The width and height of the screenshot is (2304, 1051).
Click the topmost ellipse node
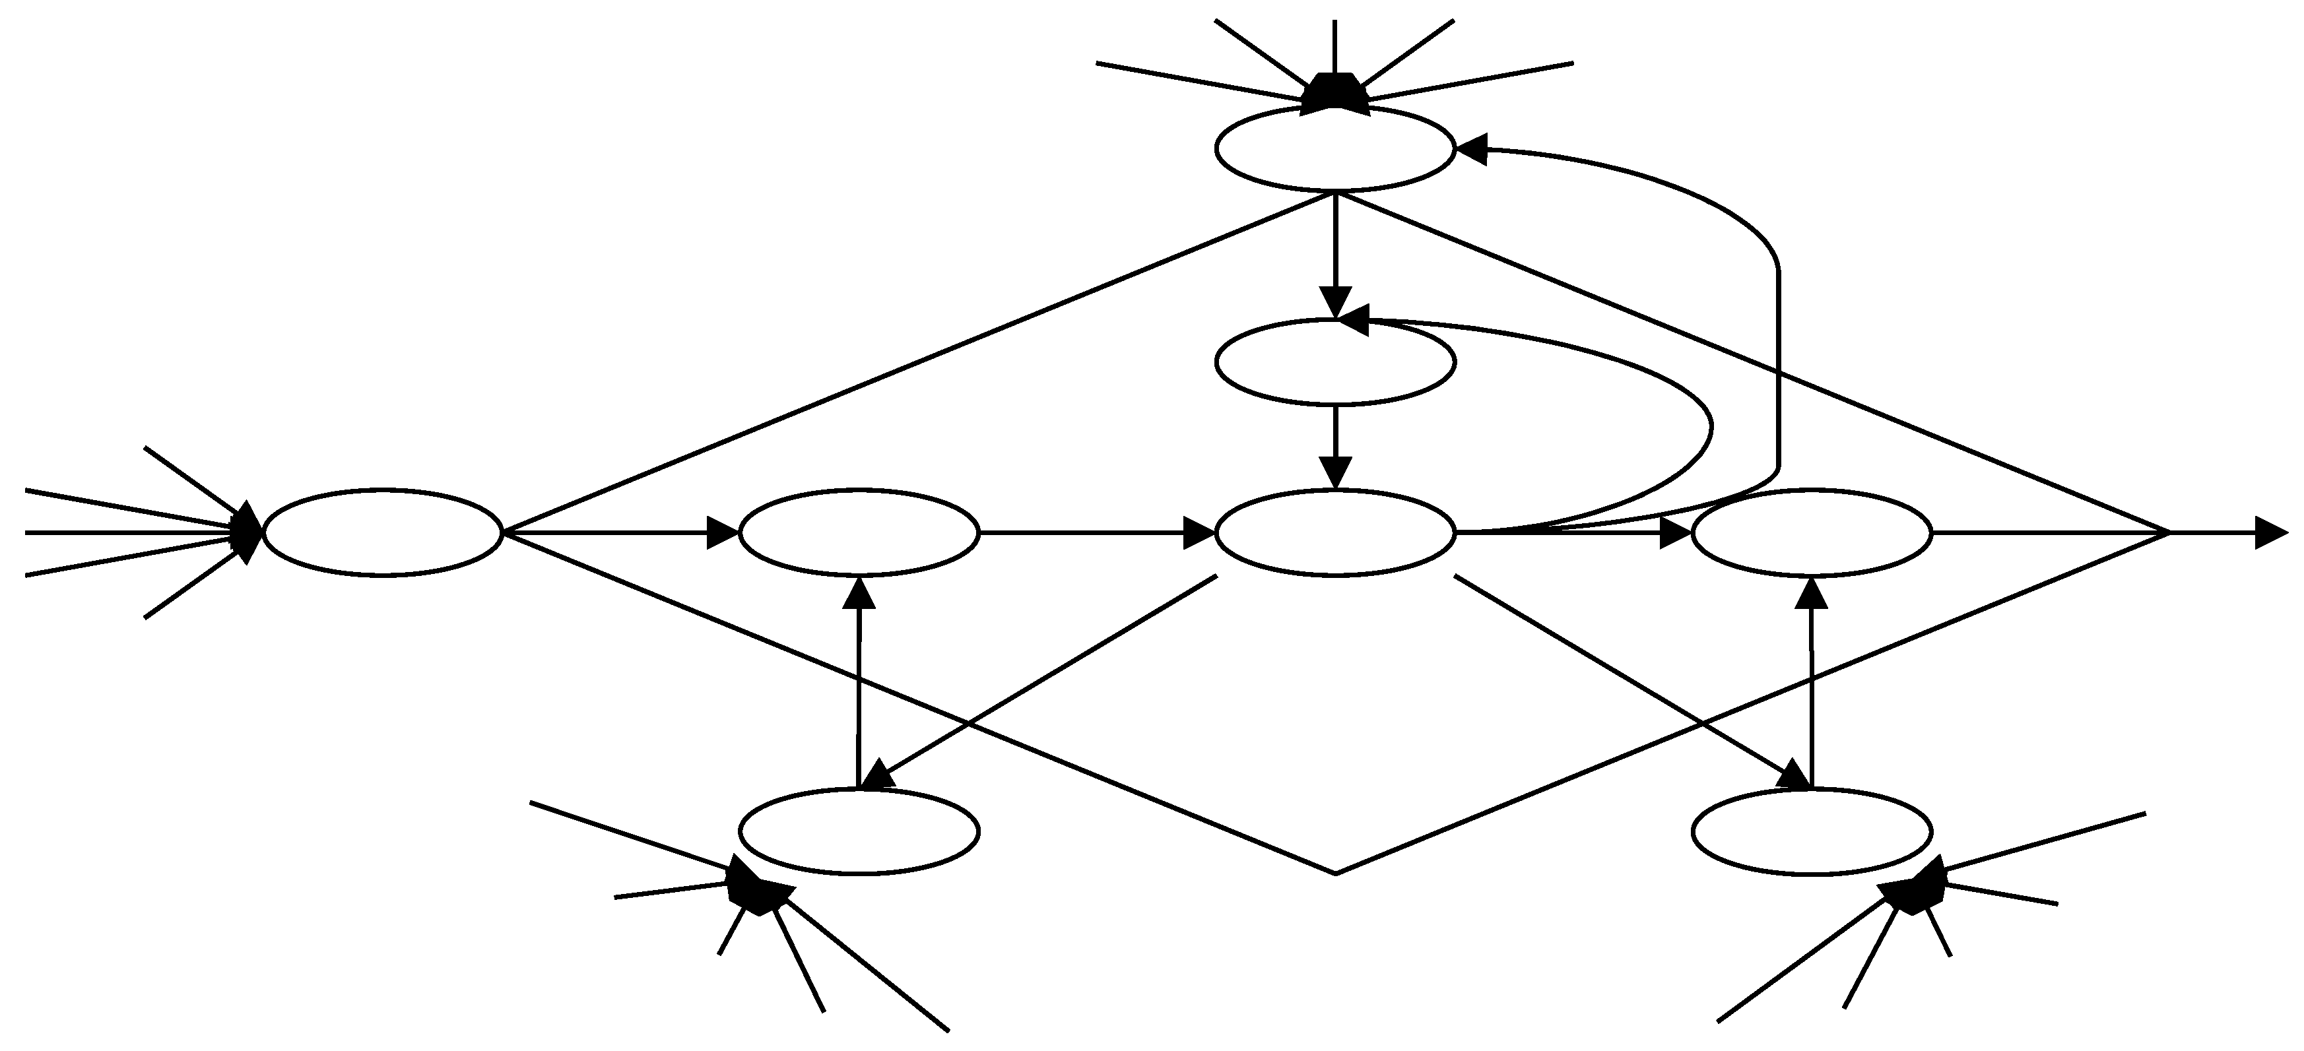(1334, 148)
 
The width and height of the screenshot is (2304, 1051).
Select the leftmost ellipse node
(383, 533)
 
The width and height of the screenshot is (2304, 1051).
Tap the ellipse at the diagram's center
(1334, 533)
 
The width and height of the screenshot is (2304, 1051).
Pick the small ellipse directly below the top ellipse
(1334, 362)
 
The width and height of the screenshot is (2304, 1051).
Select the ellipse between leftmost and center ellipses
(859, 533)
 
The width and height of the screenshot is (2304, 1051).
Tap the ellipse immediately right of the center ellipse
(1811, 533)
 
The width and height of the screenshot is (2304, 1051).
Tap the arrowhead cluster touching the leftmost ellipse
(247, 533)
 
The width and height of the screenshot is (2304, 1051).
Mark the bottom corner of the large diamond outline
(1334, 873)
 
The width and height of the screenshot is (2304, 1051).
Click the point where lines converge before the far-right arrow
(2168, 533)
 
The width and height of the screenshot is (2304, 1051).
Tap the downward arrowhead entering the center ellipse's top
(1335, 472)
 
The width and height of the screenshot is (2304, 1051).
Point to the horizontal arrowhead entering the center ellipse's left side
(1199, 533)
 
